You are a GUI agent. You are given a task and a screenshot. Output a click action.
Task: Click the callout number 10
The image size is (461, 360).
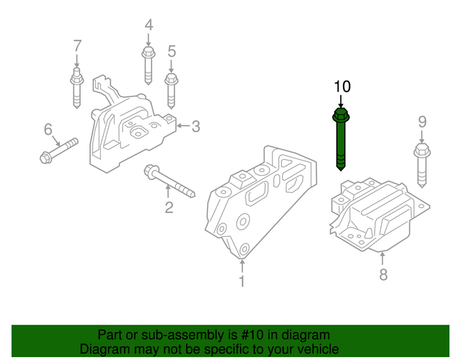click(x=341, y=86)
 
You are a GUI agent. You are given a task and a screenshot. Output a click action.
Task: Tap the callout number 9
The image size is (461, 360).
click(x=422, y=122)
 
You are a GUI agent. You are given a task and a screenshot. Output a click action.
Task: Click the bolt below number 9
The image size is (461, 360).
click(x=421, y=166)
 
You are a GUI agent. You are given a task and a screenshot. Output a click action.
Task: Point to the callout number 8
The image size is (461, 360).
click(x=383, y=274)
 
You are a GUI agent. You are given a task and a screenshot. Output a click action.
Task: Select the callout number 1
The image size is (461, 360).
click(x=242, y=282)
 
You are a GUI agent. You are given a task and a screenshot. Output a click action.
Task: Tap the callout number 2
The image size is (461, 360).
click(x=169, y=208)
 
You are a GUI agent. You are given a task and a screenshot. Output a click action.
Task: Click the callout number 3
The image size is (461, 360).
click(x=195, y=127)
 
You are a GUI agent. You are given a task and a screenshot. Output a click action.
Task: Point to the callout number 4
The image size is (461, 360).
click(x=148, y=26)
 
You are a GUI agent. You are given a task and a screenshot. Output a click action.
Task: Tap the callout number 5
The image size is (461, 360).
click(x=171, y=51)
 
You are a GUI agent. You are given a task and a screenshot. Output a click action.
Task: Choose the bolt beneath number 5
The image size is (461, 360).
click(x=171, y=89)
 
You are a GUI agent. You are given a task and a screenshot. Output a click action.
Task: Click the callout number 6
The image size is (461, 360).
click(x=48, y=130)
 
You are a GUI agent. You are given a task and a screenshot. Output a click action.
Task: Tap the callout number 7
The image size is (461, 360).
click(x=77, y=48)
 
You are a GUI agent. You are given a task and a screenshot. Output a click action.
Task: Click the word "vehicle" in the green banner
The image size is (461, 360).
click(x=307, y=349)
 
